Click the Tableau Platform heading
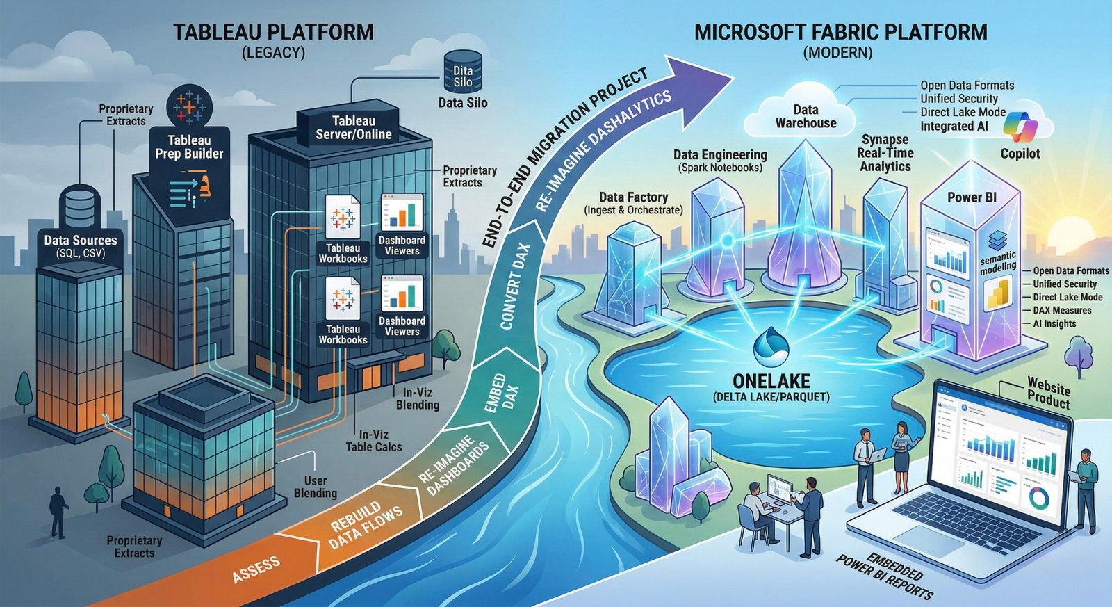coord(273,32)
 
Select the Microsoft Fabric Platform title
coord(840,32)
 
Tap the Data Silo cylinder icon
coord(462,72)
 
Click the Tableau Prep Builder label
coord(189,147)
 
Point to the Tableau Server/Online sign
coord(353,128)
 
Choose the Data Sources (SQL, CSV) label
coord(81,246)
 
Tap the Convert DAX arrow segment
coord(516,286)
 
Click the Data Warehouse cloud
coord(806,116)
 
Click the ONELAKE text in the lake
coord(771,381)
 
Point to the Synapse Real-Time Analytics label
coord(885,153)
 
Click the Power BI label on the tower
coord(972,197)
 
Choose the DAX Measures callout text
coord(1061,310)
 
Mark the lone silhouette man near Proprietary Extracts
coord(58,511)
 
